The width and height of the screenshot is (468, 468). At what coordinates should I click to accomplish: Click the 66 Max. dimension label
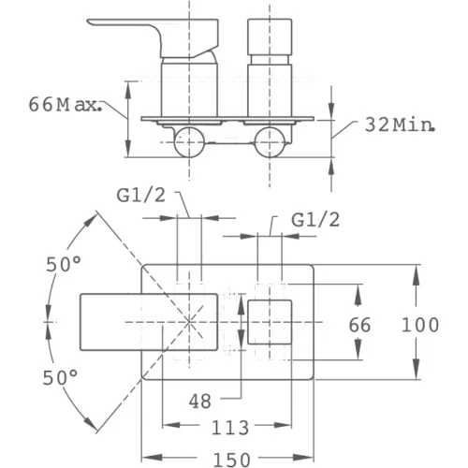point(66,105)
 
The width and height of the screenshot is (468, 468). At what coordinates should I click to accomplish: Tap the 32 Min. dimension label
point(400,125)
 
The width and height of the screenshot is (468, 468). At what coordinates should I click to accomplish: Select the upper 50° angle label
point(64,265)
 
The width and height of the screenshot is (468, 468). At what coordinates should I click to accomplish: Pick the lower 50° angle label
point(61,378)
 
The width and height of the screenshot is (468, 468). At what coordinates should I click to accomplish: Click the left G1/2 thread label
point(140,196)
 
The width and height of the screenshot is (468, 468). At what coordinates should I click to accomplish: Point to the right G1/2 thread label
point(315,220)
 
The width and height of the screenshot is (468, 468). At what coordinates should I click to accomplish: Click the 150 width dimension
point(231,460)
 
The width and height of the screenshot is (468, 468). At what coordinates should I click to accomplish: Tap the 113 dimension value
point(230,428)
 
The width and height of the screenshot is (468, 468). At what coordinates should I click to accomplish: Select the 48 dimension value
point(200,401)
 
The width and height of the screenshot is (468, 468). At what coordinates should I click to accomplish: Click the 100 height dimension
point(420,325)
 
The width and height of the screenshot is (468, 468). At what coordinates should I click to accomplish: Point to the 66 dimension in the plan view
point(359,325)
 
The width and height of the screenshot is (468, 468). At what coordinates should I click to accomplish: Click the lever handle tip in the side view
point(89,22)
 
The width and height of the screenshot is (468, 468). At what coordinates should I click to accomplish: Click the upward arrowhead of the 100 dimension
point(416,274)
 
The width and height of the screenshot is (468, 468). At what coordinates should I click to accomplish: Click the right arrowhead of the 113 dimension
point(283,425)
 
